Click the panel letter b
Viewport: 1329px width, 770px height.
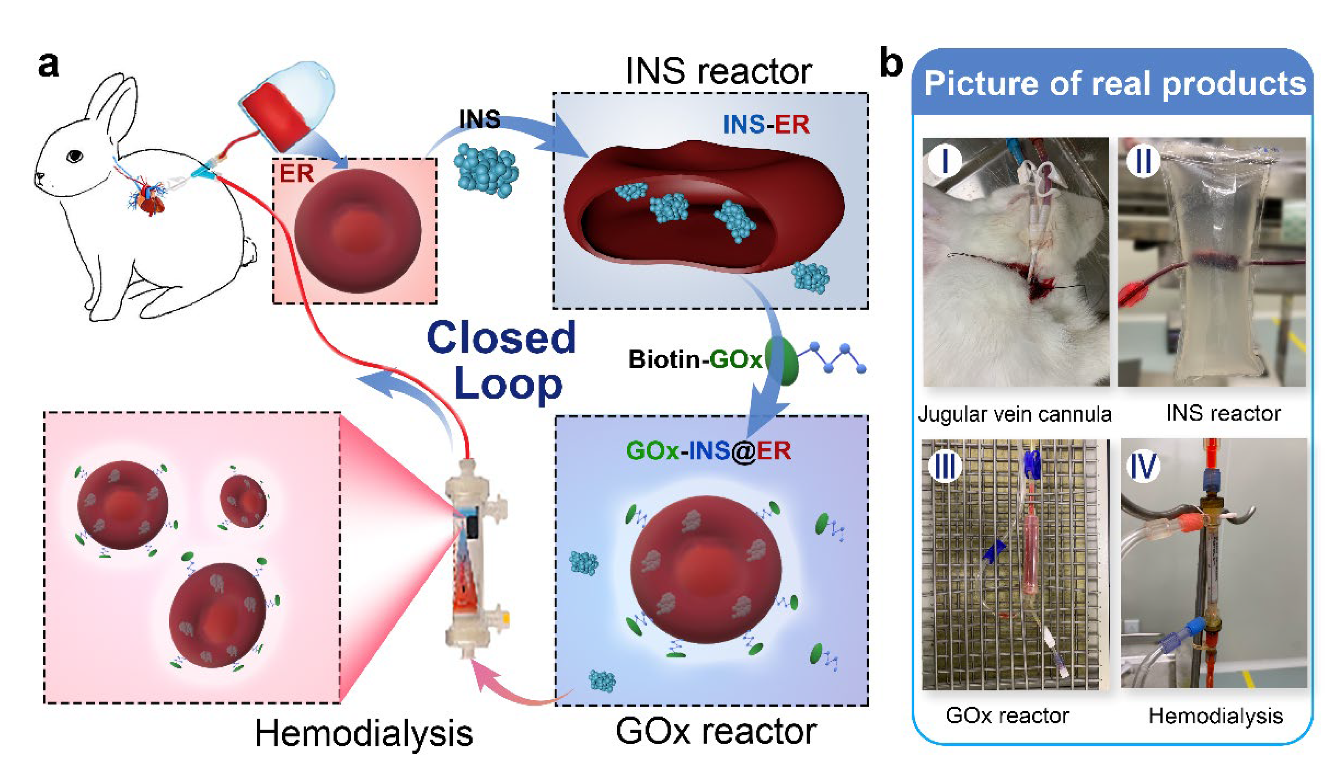[x=891, y=64]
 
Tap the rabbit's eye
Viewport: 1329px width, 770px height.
[x=75, y=156]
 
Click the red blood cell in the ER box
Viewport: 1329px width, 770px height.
[x=358, y=230]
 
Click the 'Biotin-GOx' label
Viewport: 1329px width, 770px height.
[x=695, y=360]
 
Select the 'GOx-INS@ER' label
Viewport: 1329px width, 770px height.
[x=708, y=451]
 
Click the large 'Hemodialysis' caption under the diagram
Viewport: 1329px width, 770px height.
[x=364, y=734]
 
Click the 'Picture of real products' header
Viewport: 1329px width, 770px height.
[x=1114, y=84]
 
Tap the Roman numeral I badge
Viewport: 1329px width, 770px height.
[x=944, y=160]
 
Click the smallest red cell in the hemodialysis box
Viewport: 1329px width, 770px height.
[x=243, y=501]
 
